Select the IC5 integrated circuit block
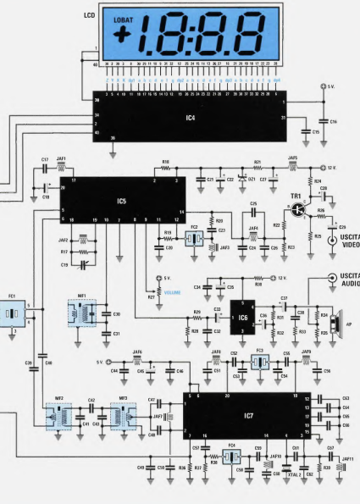[123, 201]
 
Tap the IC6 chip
[244, 317]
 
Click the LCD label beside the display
[89, 16]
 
